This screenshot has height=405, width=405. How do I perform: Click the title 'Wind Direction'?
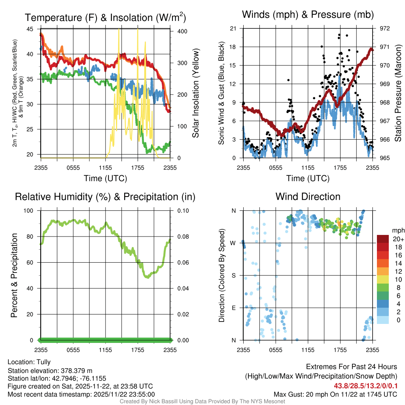[x=308, y=197]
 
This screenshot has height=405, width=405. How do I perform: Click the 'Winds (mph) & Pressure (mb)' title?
[x=308, y=15]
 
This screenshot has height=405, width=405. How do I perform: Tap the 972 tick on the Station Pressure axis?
[x=384, y=28]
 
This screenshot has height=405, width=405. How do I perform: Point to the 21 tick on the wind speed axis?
[x=233, y=28]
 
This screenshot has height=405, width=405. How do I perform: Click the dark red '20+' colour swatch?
[x=383, y=239]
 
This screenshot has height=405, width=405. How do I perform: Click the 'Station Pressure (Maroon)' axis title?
[x=398, y=93]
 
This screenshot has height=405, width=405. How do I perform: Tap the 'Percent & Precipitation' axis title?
[x=14, y=275]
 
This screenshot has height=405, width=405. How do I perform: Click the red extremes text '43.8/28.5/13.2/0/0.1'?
[x=365, y=386]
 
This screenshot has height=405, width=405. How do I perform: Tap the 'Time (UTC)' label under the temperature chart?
[x=105, y=178]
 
